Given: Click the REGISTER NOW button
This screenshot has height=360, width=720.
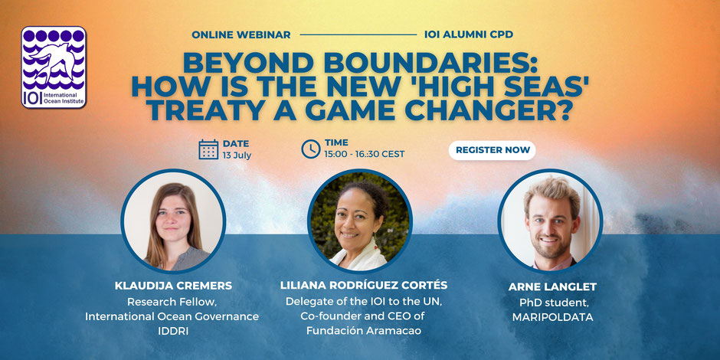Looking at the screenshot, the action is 492,150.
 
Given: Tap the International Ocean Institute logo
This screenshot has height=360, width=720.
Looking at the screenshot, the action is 54,67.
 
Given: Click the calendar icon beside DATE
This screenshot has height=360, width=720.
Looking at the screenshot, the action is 208,149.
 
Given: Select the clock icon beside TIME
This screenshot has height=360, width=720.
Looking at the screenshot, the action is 311,149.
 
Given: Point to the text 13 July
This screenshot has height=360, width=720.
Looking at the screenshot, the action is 237,155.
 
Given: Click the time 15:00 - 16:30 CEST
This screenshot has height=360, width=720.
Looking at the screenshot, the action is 365,154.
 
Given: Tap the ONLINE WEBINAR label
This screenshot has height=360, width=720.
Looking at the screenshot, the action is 241,35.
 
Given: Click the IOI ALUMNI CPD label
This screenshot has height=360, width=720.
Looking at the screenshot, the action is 469,35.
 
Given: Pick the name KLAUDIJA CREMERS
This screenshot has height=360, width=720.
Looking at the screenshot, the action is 173,286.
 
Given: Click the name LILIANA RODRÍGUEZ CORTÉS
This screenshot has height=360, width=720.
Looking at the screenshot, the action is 364,285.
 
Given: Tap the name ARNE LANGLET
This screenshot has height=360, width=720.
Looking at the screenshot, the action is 552,287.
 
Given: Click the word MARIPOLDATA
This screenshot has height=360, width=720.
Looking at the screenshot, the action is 552,317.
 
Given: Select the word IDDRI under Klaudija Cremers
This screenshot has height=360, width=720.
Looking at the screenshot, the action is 173,331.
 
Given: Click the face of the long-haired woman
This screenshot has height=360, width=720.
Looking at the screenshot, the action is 172,221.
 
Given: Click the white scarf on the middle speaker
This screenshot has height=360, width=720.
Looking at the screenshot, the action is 358,257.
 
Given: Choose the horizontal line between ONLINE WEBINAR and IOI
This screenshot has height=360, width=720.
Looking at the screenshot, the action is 358,35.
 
